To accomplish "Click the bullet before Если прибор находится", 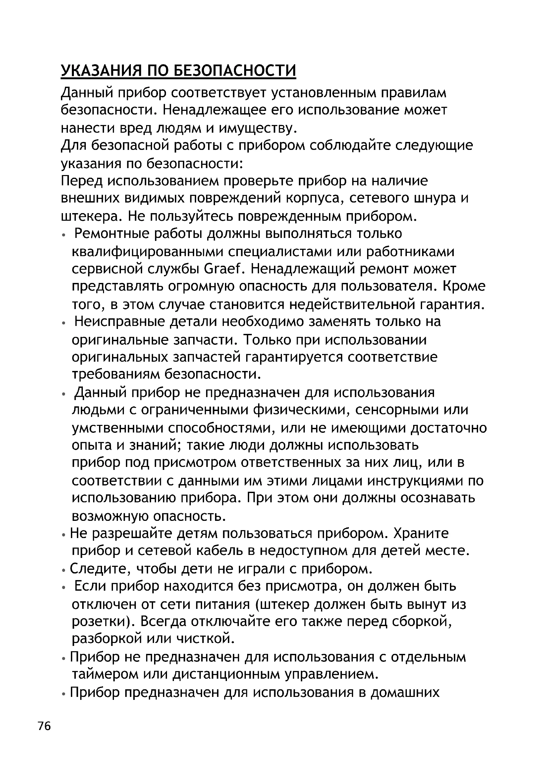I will pyautogui.click(x=63, y=587).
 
